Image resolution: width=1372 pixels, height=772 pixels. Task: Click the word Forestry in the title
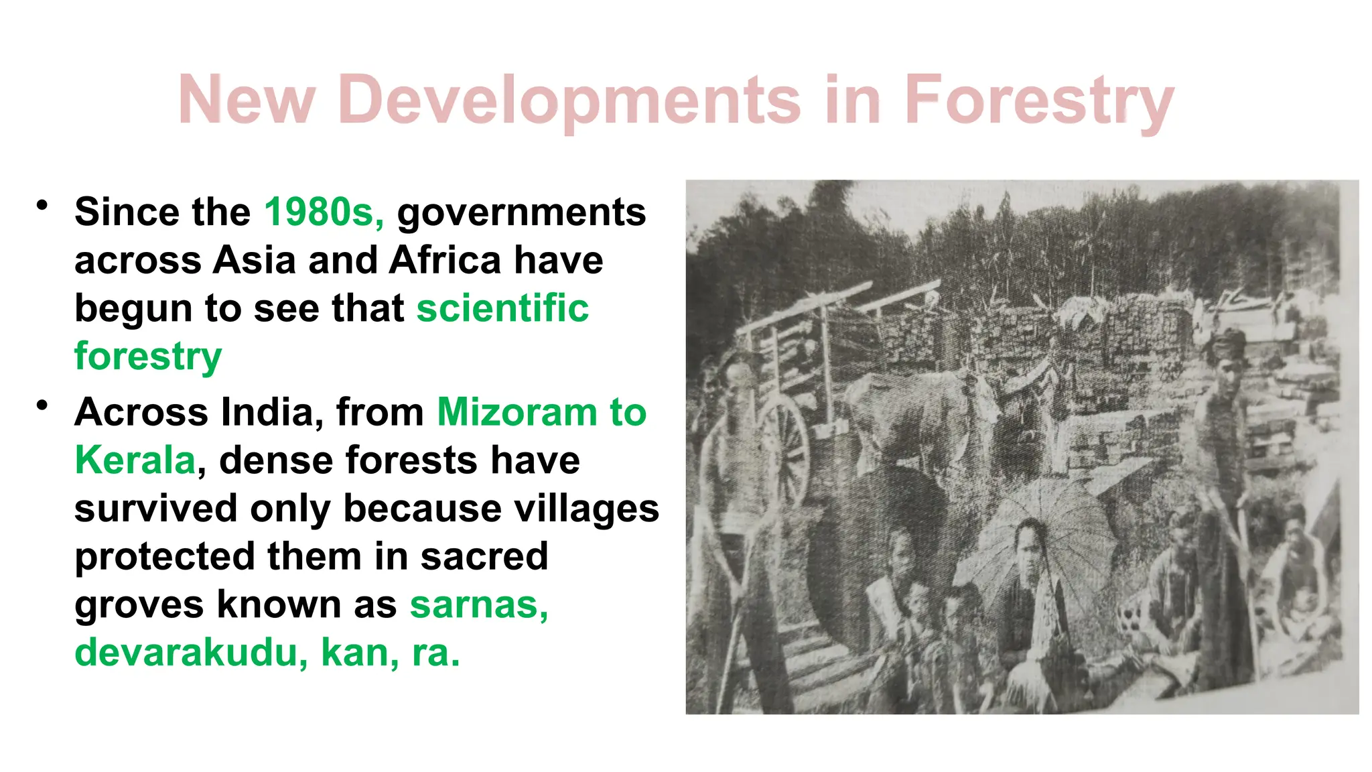1038,101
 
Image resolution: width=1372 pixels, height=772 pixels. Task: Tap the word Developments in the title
569,101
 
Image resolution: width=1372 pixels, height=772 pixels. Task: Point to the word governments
521,213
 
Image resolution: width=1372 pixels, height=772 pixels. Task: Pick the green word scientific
502,308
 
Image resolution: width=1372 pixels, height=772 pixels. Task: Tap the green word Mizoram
517,411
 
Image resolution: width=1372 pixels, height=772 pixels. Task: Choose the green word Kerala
135,460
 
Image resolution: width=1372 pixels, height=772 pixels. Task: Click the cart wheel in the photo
784,446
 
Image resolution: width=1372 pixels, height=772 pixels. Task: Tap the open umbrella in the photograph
1045,529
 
